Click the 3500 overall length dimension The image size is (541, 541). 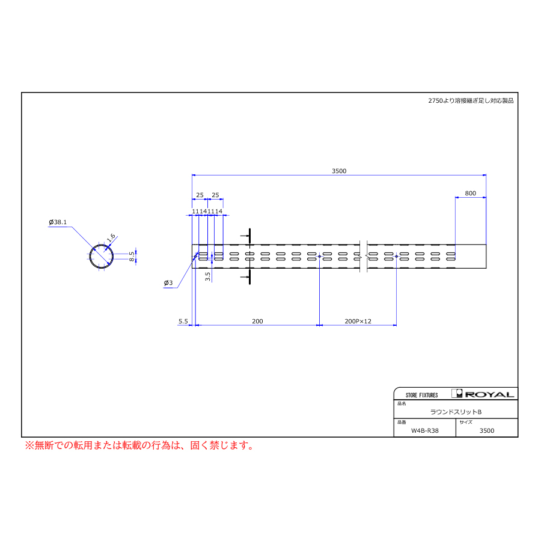tap(339, 171)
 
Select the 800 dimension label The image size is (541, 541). tap(470, 194)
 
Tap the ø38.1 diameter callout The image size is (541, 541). tap(58, 222)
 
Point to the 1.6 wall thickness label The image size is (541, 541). tap(111, 237)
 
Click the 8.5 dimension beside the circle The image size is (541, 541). tap(132, 256)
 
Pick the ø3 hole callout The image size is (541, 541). tap(168, 283)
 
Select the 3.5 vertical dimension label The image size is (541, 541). tap(208, 277)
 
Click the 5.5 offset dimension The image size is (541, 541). tap(183, 322)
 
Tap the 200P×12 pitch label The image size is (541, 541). tap(358, 322)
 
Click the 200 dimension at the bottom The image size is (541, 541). tap(257, 322)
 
